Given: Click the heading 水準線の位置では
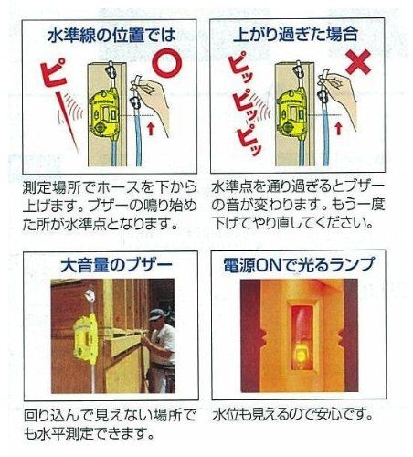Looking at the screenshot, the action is coord(111,35).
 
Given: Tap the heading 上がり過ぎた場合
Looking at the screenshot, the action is coord(295,34).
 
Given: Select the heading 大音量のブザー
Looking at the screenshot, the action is coord(116,265).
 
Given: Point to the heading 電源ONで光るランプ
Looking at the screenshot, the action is coord(299,264).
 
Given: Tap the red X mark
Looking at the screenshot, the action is coord(358,62).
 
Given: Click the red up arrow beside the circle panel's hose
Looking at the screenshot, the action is coord(151,128).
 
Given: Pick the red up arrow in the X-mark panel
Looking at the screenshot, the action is coord(338,128).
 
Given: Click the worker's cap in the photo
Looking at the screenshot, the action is coord(156,314).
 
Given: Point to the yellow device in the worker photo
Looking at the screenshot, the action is coord(85,340).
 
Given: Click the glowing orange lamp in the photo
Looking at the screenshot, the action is coord(301,356).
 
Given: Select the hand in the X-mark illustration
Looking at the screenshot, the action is coord(341,98).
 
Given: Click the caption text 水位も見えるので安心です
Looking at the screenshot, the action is coord(292,414).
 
